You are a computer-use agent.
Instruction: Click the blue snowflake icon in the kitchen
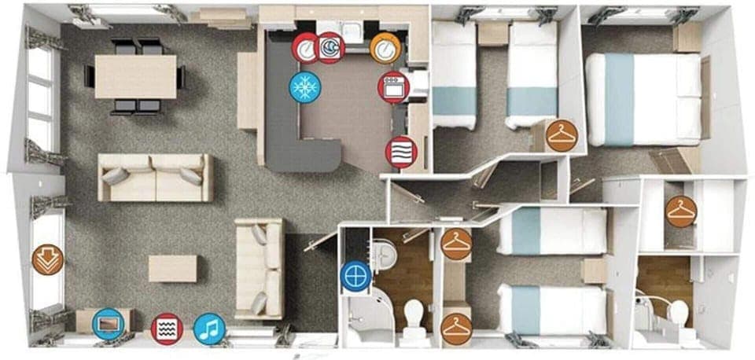(x=304, y=86)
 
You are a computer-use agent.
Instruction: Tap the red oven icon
(x=392, y=86)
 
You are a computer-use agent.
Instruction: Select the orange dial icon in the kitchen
(x=385, y=49)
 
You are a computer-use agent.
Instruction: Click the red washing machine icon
(x=330, y=48)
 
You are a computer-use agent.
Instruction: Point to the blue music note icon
(x=209, y=328)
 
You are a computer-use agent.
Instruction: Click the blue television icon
(x=108, y=324)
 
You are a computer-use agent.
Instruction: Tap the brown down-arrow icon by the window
(x=46, y=259)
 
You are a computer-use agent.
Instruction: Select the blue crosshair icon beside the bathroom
(x=355, y=276)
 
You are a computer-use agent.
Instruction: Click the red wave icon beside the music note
(x=167, y=328)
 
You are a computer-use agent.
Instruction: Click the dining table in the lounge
(x=135, y=76)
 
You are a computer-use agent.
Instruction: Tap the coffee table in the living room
(x=172, y=268)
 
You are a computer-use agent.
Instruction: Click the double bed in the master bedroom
(x=643, y=99)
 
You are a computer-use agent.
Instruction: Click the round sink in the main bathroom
(x=385, y=252)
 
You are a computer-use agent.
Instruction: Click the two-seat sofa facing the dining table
(x=155, y=177)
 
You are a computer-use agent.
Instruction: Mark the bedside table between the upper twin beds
(x=492, y=34)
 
